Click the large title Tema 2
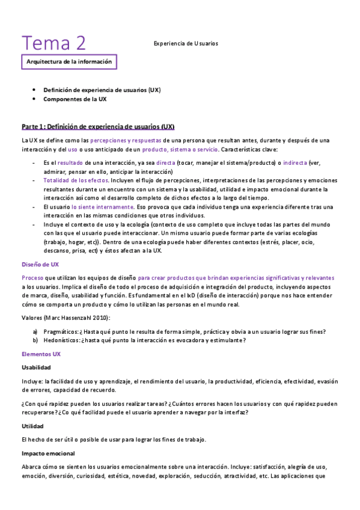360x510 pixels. point(54,43)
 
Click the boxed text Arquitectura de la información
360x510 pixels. point(69,62)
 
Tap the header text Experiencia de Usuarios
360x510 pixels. point(186,43)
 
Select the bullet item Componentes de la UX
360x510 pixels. point(75,99)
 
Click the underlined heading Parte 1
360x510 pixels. point(98,127)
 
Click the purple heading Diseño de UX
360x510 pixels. point(40,265)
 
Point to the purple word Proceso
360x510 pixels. point(32,278)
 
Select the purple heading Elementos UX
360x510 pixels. point(41,354)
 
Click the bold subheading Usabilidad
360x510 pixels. point(36,367)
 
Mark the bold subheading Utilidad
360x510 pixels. point(32,426)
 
